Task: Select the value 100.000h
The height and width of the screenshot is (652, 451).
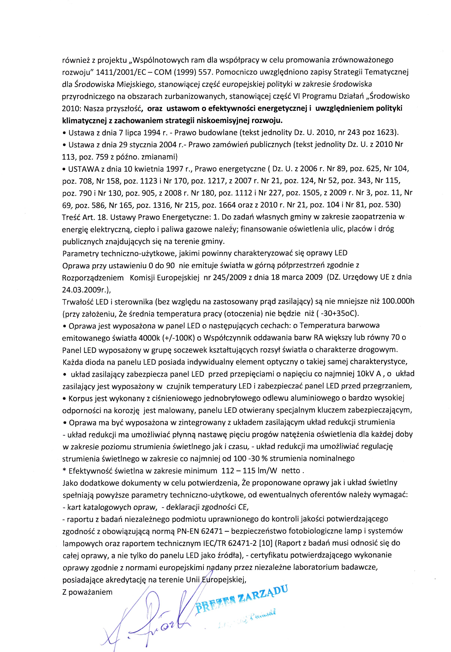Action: click(x=398, y=301)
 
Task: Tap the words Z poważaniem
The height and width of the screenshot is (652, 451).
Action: click(x=87, y=592)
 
